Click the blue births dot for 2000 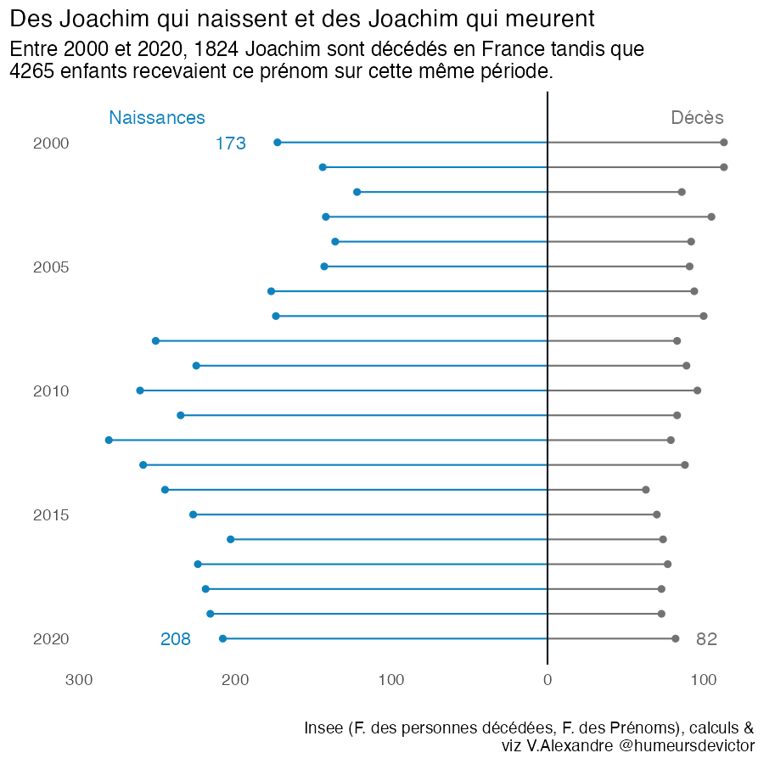coord(278,143)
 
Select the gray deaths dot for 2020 coord(676,638)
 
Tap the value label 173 coord(231,143)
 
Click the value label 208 coord(176,639)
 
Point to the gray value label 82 coord(706,639)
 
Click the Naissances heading coord(157,118)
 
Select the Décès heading coord(697,118)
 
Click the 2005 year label coord(51,267)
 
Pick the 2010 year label coord(51,391)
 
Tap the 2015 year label coord(51,515)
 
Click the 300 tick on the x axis coord(79,679)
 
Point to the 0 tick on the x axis coord(548,679)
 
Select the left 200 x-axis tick coord(235,679)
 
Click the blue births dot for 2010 coord(140,390)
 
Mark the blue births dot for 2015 coord(194,514)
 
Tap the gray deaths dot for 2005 coord(689,267)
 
